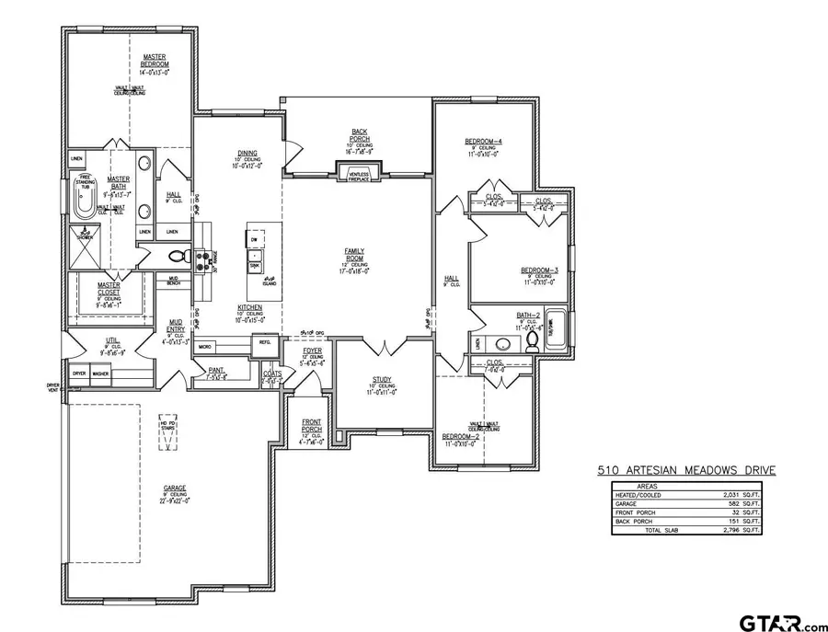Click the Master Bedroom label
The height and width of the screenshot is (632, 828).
click(x=154, y=61)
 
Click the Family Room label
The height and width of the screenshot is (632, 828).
click(x=354, y=254)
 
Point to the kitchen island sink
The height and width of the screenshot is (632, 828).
click(x=255, y=267)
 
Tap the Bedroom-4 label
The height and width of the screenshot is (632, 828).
click(x=484, y=141)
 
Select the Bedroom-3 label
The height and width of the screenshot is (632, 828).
click(x=540, y=270)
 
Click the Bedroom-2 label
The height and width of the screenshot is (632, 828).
click(x=460, y=435)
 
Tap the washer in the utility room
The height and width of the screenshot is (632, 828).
click(x=101, y=373)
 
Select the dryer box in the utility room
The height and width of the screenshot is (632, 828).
click(x=79, y=373)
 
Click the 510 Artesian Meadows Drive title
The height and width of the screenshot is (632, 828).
click(x=686, y=471)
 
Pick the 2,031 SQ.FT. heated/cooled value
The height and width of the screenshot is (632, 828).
click(x=744, y=496)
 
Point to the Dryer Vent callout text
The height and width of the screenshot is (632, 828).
click(x=54, y=388)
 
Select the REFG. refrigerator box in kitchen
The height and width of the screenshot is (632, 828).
click(x=265, y=342)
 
